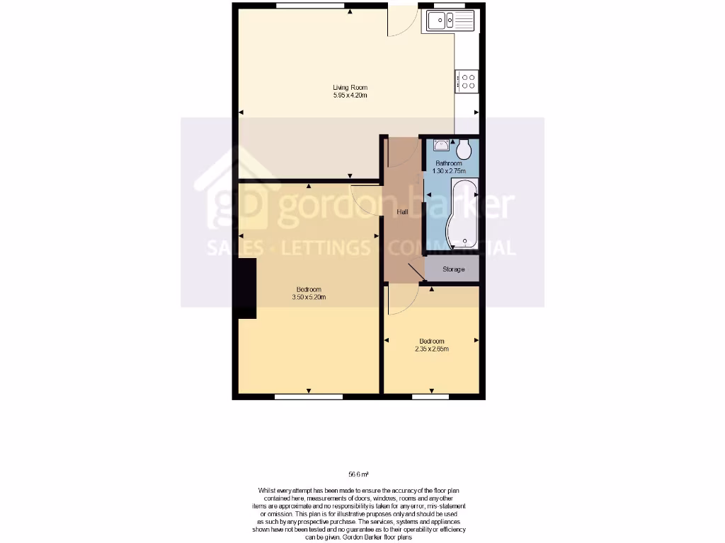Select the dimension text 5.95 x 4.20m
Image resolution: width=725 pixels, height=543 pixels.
pyautogui.click(x=350, y=95)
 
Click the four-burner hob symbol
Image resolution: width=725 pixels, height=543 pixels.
pyautogui.click(x=467, y=81)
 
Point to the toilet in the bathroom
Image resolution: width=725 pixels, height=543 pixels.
pyautogui.click(x=464, y=149)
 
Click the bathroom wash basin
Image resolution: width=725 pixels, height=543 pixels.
pyautogui.click(x=442, y=146)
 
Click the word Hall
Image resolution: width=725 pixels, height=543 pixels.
pyautogui.click(x=402, y=212)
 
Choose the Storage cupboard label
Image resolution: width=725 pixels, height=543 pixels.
pyautogui.click(x=453, y=269)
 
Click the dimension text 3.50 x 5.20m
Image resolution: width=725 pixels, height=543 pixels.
pyautogui.click(x=309, y=297)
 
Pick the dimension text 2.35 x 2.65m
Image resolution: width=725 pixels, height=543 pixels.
pyautogui.click(x=432, y=349)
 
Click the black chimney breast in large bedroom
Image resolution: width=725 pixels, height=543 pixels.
pyautogui.click(x=246, y=288)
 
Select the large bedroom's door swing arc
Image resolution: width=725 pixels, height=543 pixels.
pyautogui.click(x=365, y=195)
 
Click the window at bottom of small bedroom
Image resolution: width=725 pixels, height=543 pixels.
pyautogui.click(x=430, y=397)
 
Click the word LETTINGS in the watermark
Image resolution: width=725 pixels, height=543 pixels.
pyautogui.click(x=326, y=248)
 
